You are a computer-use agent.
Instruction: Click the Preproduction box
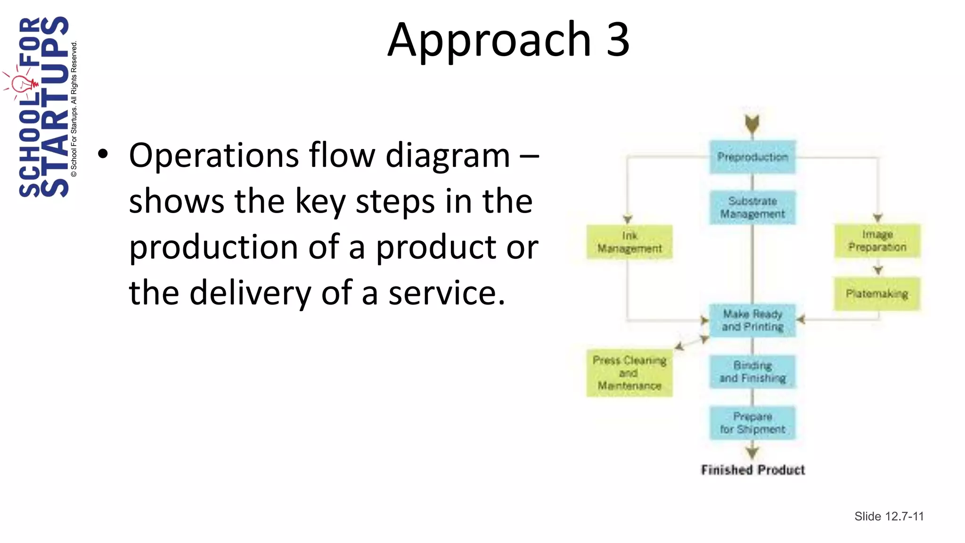pyautogui.click(x=752, y=157)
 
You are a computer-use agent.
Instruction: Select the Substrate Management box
pyautogui.click(x=752, y=207)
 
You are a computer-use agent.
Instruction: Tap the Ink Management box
pyautogui.click(x=630, y=242)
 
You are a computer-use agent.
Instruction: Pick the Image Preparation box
pyautogui.click(x=877, y=241)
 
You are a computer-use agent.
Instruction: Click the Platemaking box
pyautogui.click(x=877, y=294)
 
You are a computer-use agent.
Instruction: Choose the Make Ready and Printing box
pyautogui.click(x=752, y=321)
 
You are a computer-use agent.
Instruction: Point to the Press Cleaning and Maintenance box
pyautogui.click(x=630, y=373)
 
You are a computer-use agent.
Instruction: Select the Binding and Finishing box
pyautogui.click(x=752, y=372)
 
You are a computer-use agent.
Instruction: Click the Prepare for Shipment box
pyautogui.click(x=752, y=423)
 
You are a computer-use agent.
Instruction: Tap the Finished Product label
pyautogui.click(x=752, y=470)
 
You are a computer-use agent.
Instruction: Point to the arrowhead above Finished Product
pyautogui.click(x=752, y=452)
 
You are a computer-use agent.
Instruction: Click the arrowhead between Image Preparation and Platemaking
pyautogui.click(x=877, y=270)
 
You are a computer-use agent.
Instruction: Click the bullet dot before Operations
pyautogui.click(x=103, y=154)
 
